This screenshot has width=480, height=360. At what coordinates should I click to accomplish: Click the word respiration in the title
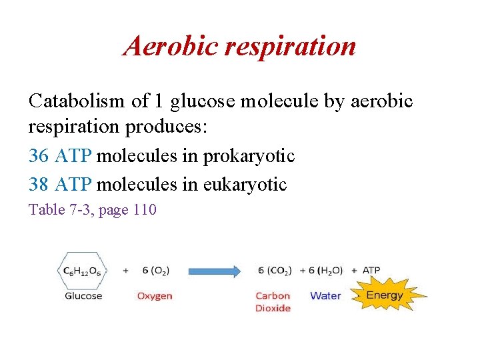pyautogui.click(x=291, y=47)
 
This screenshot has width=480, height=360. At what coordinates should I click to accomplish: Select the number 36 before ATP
pyautogui.click(x=39, y=156)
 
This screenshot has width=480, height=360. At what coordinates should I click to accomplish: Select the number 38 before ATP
pyautogui.click(x=39, y=184)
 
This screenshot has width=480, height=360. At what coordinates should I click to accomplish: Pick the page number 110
pyautogui.click(x=145, y=210)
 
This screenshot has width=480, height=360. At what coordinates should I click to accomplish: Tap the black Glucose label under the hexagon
pyautogui.click(x=83, y=295)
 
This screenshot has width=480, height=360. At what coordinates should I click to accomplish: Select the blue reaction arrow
pyautogui.click(x=214, y=271)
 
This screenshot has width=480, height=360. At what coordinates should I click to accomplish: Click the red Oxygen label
pyautogui.click(x=155, y=295)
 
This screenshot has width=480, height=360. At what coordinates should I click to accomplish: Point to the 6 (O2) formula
pyautogui.click(x=156, y=271)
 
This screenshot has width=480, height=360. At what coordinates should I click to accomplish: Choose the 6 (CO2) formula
pyautogui.click(x=275, y=271)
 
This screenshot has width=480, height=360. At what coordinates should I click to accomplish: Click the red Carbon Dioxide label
pyautogui.click(x=273, y=302)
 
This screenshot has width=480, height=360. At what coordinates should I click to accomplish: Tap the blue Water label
pyautogui.click(x=325, y=295)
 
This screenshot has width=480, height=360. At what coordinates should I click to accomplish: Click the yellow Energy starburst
pyautogui.click(x=385, y=295)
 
